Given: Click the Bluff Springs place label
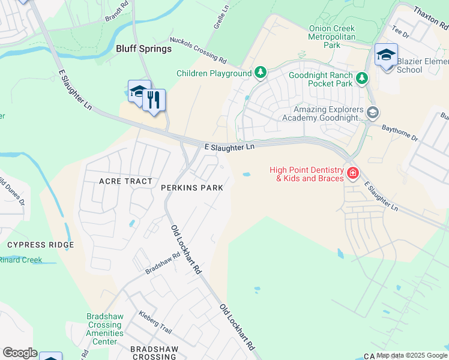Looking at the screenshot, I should tap(143, 49).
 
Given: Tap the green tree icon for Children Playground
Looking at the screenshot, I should tap(260, 73).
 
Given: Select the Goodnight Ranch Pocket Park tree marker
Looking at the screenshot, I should tap(361, 78).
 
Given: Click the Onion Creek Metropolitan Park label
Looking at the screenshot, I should tap(332, 37).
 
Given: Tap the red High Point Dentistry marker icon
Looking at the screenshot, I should tap(353, 174).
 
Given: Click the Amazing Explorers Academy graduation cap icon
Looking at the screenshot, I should tap(372, 112).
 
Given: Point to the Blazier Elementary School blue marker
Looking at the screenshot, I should tap(386, 56).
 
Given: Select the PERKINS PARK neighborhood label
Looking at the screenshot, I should tap(192, 188).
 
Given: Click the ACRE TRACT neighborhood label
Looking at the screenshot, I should tap(127, 181).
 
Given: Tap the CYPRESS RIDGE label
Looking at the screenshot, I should tap(40, 245).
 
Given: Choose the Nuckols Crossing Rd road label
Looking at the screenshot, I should tap(197, 50).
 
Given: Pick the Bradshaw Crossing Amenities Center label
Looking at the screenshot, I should tap(105, 333).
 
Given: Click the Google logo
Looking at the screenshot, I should tap(20, 353).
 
